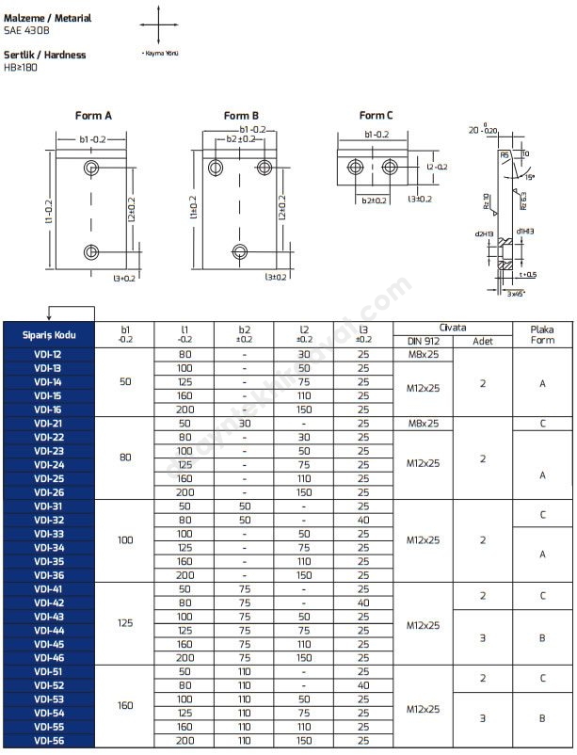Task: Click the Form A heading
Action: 93,116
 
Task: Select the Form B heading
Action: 241,116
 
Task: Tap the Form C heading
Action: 377,116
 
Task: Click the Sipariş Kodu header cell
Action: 49,334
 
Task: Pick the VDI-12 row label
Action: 49,354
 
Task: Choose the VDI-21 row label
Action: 49,424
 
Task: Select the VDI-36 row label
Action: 49,575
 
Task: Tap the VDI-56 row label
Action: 49,741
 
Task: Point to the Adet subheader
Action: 482,341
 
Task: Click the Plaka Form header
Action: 543,334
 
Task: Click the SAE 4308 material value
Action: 22,31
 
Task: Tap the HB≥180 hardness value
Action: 21,67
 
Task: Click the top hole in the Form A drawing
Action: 92,169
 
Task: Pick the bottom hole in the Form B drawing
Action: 239,251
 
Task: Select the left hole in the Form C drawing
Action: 356,168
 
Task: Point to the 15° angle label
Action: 529,177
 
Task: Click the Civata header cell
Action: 452,328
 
